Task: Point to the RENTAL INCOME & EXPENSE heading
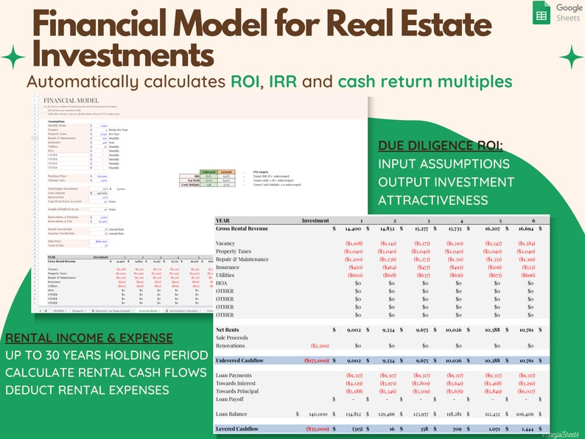tap(89, 338)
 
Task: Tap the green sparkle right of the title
tap(571, 57)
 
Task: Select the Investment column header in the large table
tap(316, 219)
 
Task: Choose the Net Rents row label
tap(230, 330)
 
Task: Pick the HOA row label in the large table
tap(223, 282)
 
